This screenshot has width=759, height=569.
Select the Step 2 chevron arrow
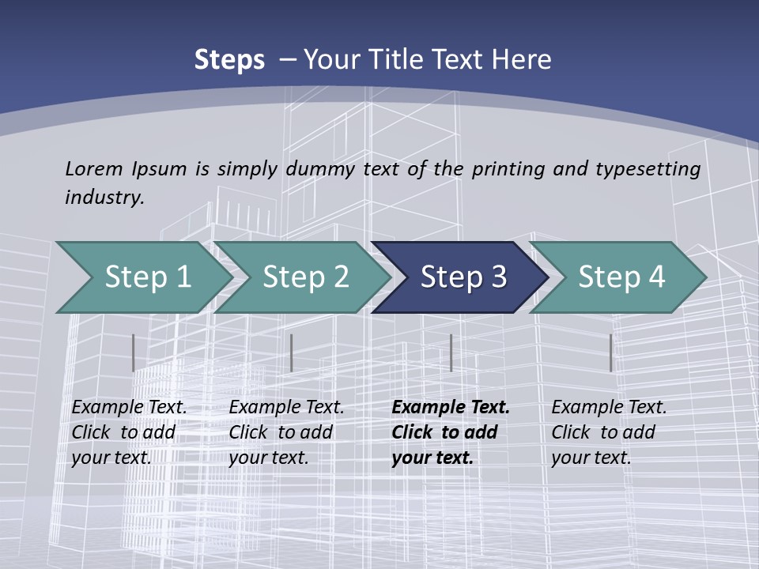304,277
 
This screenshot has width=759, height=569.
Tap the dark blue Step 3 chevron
463,277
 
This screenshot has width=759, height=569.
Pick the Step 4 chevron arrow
621,277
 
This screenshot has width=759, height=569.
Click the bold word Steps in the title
229,60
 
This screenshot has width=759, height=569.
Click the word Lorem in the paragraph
93,168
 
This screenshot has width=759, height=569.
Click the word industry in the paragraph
104,197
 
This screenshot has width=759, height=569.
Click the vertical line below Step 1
134,352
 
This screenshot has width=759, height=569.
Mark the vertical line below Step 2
292,352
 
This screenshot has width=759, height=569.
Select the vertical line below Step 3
451,352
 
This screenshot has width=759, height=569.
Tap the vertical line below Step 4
610,352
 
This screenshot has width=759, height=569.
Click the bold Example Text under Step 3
451,407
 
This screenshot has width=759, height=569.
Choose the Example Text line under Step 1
129,407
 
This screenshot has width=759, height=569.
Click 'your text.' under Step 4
591,458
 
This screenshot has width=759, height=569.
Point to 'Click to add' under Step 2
281,432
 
